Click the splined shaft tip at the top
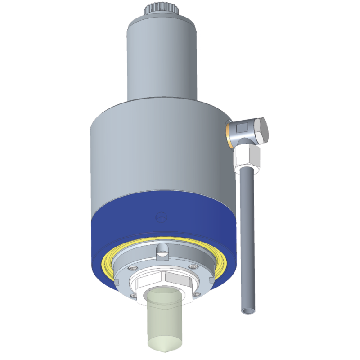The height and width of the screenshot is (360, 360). pos(162,9)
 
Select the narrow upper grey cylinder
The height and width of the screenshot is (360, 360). pos(162,58)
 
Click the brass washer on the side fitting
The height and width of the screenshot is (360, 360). pos(229,133)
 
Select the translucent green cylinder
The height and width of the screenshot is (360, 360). pos(165,319)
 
